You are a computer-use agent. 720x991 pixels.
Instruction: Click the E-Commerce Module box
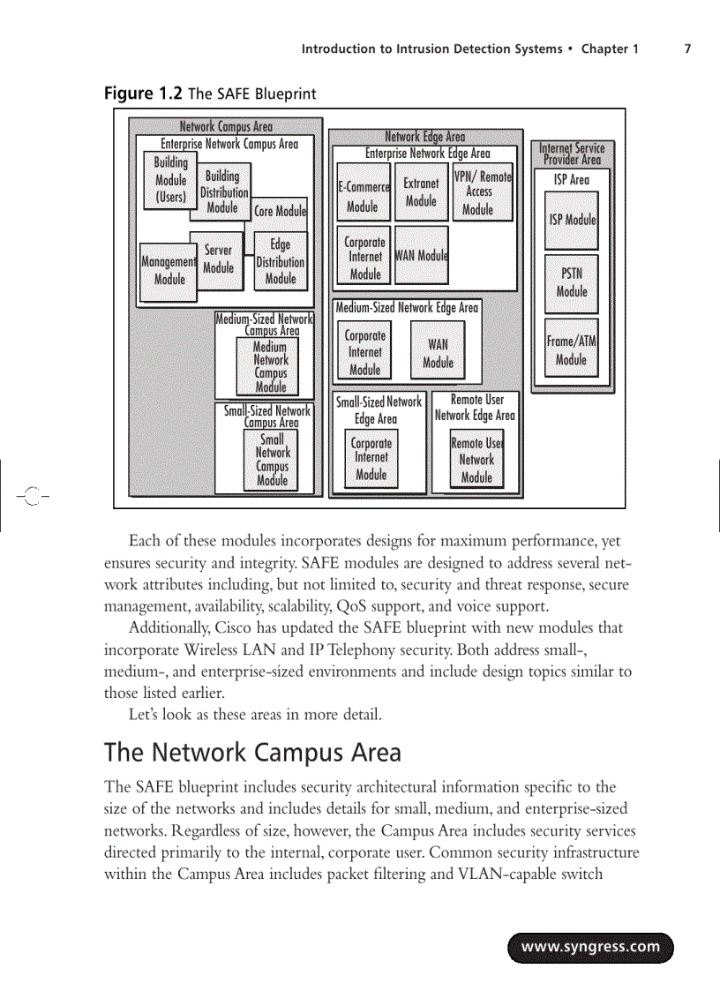click(363, 192)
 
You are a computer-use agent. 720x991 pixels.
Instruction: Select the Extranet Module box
click(421, 191)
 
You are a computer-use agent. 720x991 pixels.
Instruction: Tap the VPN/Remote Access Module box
click(482, 193)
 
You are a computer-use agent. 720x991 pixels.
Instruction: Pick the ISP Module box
click(572, 220)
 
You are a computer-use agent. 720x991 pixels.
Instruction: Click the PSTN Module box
click(572, 282)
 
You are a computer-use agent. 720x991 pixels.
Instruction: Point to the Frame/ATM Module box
click(571, 349)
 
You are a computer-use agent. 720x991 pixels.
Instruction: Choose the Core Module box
click(281, 212)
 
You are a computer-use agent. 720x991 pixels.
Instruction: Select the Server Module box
click(217, 259)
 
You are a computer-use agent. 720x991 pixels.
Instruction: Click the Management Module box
click(169, 271)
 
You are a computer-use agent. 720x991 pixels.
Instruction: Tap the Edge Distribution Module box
click(281, 261)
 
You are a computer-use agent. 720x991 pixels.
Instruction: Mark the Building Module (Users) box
click(170, 180)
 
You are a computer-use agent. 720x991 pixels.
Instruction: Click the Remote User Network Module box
click(476, 461)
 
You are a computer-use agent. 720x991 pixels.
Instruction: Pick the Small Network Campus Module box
click(272, 460)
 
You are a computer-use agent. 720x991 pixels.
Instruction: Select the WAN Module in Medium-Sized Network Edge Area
click(438, 353)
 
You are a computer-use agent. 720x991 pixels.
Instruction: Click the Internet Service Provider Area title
click(573, 154)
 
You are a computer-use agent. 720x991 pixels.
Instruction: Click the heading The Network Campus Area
click(252, 753)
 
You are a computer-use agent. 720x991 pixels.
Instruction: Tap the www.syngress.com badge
click(590, 948)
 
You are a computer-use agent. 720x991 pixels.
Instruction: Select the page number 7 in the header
click(687, 49)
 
